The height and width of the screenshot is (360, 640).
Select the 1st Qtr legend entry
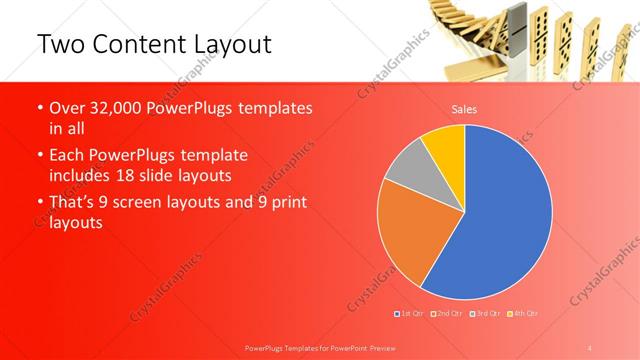pyautogui.click(x=409, y=314)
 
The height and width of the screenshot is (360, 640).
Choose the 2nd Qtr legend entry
pyautogui.click(x=447, y=314)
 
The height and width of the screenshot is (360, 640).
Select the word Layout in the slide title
pyautogui.click(x=229, y=44)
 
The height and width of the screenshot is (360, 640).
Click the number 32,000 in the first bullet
pyautogui.click(x=113, y=109)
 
